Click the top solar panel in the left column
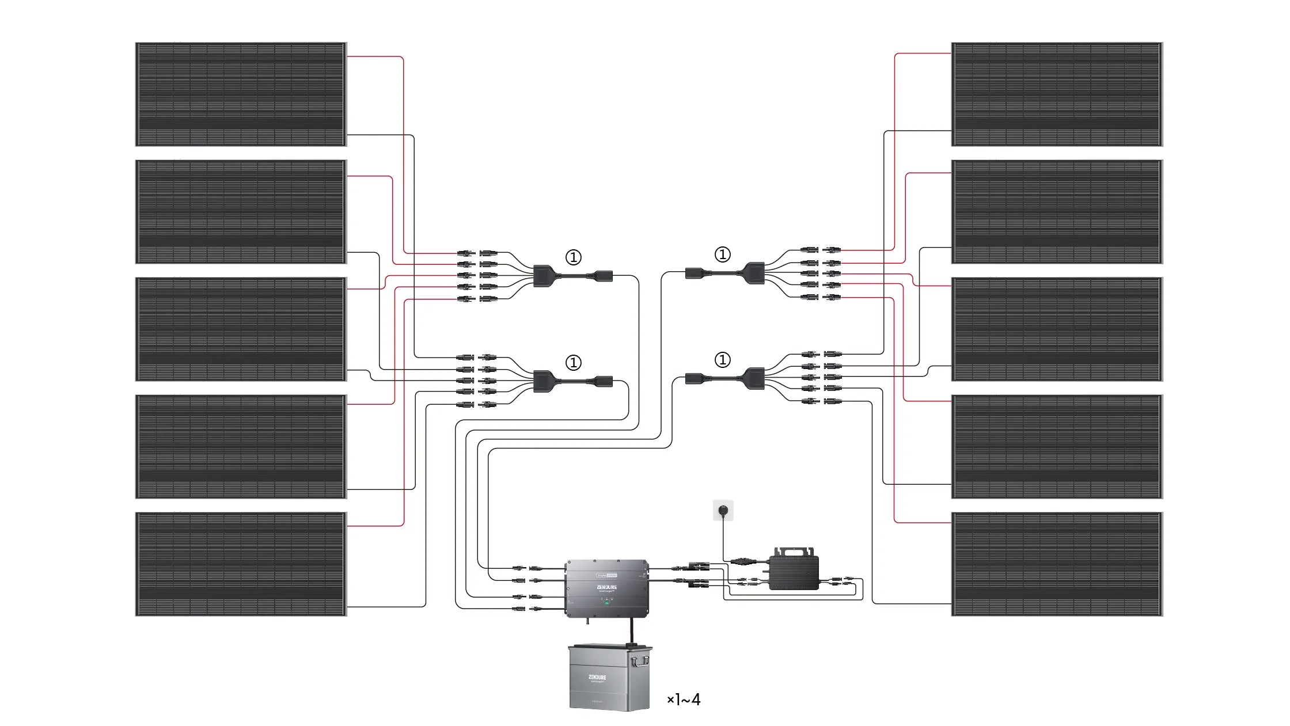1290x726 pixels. (241, 94)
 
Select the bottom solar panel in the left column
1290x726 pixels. (241, 564)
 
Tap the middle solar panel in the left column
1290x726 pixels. (241, 329)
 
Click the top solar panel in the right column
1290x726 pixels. (1056, 94)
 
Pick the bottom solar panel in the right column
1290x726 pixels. (1056, 564)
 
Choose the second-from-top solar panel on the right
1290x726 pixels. (1056, 211)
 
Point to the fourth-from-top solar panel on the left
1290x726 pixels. (241, 446)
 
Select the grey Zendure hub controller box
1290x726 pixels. (606, 587)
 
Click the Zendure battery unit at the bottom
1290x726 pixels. (610, 678)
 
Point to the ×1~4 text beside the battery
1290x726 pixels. (684, 700)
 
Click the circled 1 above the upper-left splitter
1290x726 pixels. (573, 257)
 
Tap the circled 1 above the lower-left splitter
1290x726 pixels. (573, 363)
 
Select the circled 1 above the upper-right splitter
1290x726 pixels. (722, 254)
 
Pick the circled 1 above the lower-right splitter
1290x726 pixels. (722, 360)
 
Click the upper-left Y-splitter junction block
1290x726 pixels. (543, 276)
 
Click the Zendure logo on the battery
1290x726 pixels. (597, 677)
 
